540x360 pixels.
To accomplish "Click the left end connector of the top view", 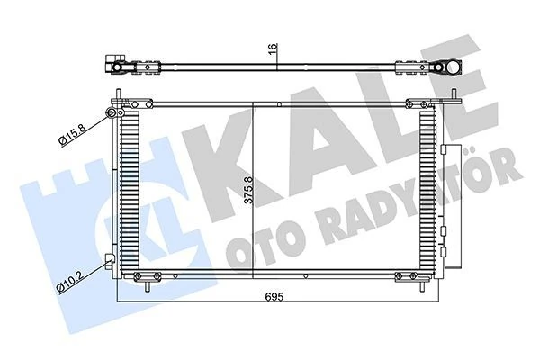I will click(x=114, y=66).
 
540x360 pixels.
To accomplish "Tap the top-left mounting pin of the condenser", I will click(x=119, y=95).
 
